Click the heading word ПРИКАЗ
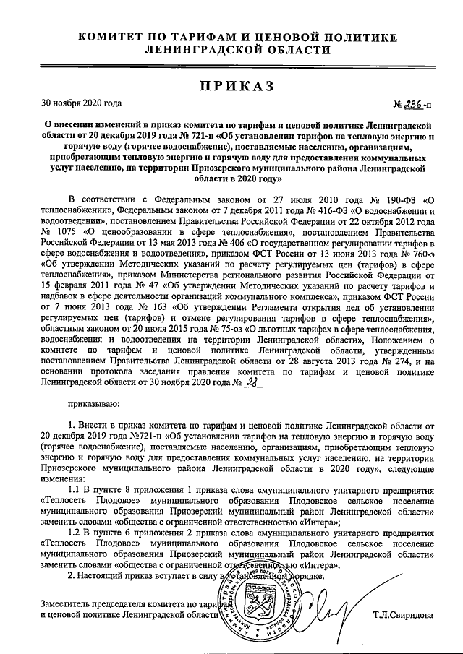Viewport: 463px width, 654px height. (x=231, y=87)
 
